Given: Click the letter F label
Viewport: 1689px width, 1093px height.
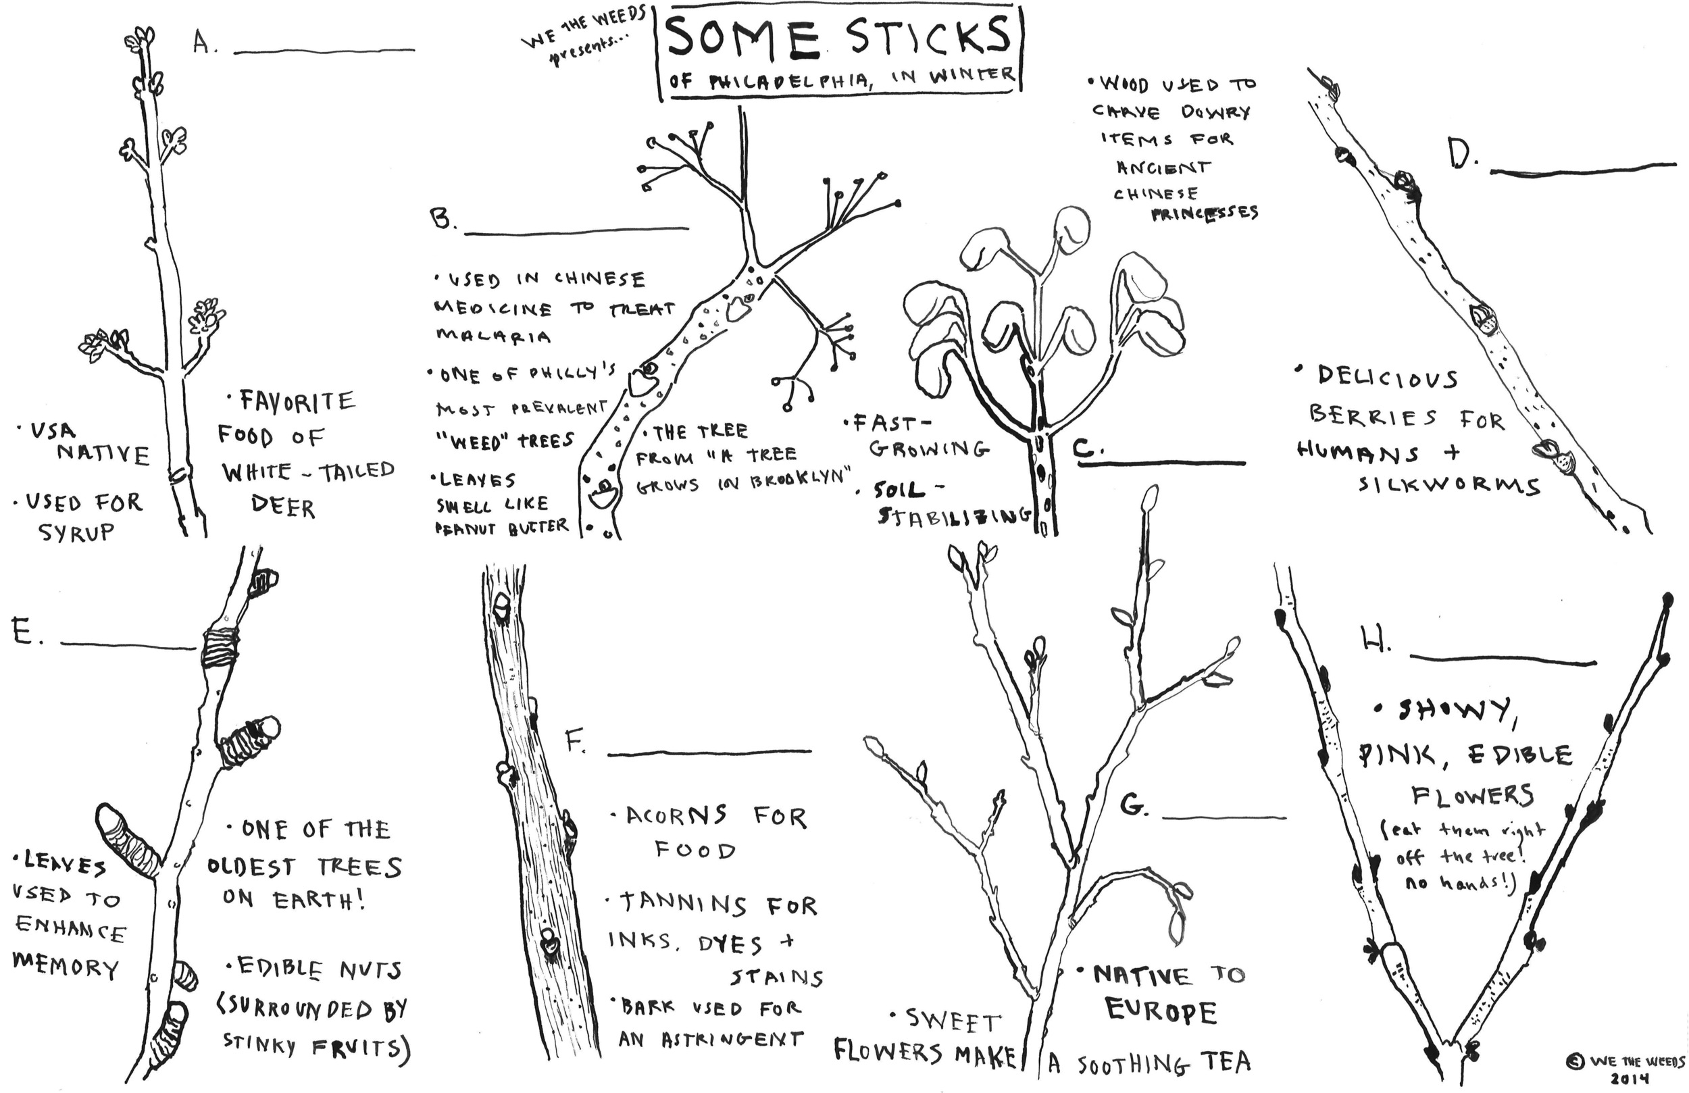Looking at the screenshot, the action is [576, 742].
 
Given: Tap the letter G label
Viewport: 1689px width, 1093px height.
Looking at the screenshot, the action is [1134, 804].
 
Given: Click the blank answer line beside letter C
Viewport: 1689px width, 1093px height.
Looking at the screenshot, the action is [1162, 463].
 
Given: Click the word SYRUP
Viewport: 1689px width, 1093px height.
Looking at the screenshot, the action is [76, 532].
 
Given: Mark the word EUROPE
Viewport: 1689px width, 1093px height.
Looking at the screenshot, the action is [1161, 1011].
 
